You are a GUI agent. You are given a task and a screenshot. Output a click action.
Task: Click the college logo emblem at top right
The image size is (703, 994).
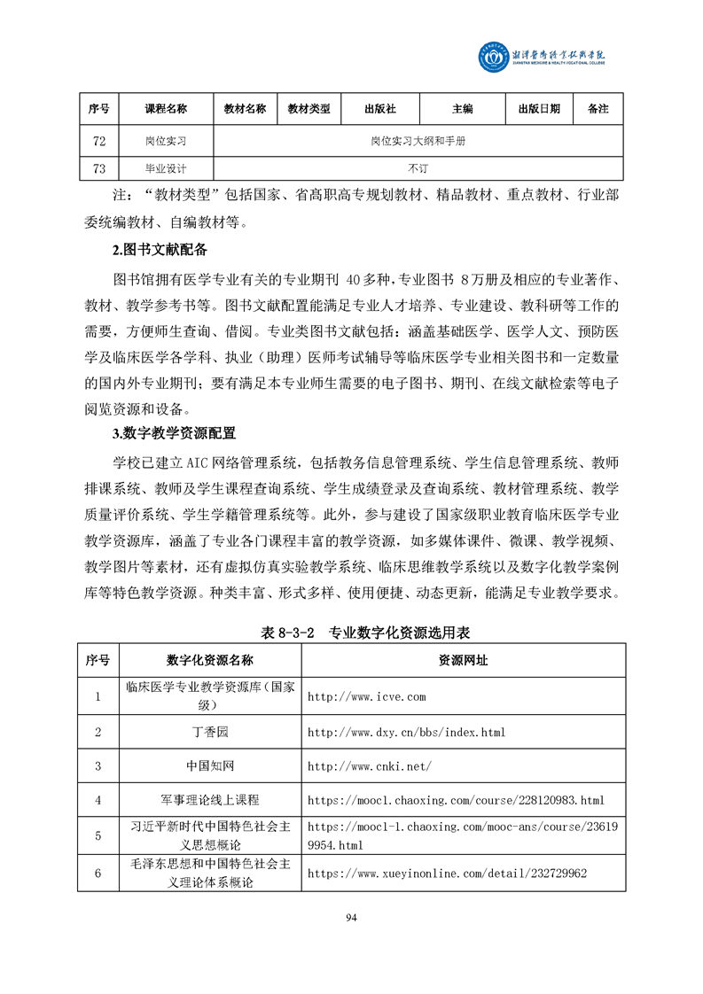tap(493, 58)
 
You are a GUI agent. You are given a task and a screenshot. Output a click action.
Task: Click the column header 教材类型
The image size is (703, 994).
tap(309, 109)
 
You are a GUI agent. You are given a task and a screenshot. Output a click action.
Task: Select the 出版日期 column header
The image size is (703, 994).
tap(539, 109)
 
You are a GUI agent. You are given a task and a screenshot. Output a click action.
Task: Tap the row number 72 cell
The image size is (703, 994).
tap(98, 141)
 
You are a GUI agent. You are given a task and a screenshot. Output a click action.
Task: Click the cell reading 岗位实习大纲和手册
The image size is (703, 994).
tap(418, 141)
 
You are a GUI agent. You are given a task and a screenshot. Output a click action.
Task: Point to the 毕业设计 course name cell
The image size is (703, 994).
tap(166, 168)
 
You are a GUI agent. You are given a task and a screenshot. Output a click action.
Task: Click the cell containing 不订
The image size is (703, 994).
tap(418, 168)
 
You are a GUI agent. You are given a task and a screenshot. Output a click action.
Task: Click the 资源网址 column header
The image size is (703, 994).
tap(463, 661)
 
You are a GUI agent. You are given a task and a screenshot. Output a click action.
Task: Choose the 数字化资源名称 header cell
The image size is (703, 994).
tap(209, 661)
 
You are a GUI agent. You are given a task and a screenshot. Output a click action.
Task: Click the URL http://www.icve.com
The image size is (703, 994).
tap(366, 697)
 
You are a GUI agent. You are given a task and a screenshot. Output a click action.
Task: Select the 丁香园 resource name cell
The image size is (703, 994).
tap(209, 732)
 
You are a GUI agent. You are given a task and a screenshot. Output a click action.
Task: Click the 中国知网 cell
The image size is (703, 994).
tap(209, 765)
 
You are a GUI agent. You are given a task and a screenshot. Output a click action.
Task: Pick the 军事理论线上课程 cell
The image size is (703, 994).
tap(209, 800)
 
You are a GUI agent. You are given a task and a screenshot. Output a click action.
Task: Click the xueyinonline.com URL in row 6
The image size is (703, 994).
tap(447, 874)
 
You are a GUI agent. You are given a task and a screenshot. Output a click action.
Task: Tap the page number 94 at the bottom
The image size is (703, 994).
tap(351, 917)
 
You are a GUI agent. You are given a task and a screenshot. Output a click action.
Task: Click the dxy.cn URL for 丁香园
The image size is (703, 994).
tap(405, 732)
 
